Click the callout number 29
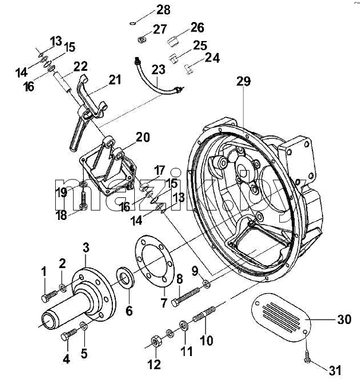click(244, 81)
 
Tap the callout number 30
click(345, 319)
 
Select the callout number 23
click(159, 70)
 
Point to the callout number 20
click(143, 137)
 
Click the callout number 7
click(164, 303)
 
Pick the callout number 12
click(154, 364)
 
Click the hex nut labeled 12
click(156, 341)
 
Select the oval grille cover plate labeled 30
click(281, 317)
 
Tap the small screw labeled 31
click(307, 357)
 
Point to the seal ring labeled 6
click(125, 278)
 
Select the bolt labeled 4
click(68, 335)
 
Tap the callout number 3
click(86, 248)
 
